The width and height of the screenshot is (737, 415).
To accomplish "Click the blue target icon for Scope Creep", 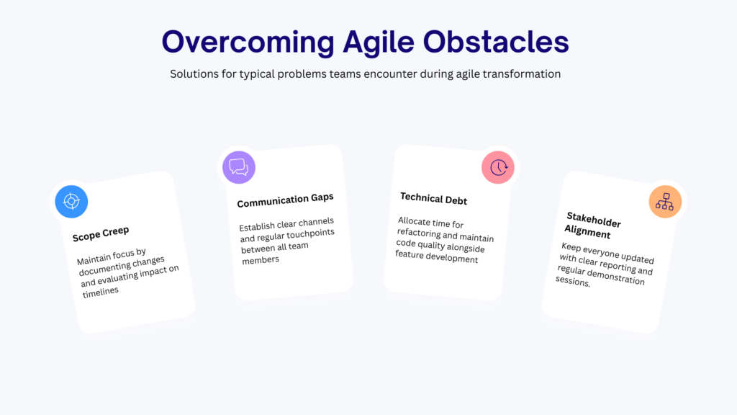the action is (x=71, y=202).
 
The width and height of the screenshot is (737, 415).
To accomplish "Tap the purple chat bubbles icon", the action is (x=239, y=167).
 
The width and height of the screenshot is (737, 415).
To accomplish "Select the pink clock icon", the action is (x=498, y=167).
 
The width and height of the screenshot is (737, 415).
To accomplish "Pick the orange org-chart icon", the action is (x=665, y=202).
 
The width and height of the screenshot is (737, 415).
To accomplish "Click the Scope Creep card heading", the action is (x=101, y=234).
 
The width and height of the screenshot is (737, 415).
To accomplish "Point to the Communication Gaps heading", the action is (x=285, y=200).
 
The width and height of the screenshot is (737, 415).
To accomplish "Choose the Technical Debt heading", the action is (x=433, y=199).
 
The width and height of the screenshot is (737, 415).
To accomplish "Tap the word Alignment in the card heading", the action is (x=587, y=231).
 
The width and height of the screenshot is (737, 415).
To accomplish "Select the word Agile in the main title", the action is (x=379, y=42).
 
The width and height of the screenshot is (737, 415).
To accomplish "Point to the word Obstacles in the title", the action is (x=496, y=42).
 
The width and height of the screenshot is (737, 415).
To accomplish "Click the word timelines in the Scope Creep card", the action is (x=101, y=292).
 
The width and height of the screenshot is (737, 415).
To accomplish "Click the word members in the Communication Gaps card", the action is (x=261, y=259).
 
